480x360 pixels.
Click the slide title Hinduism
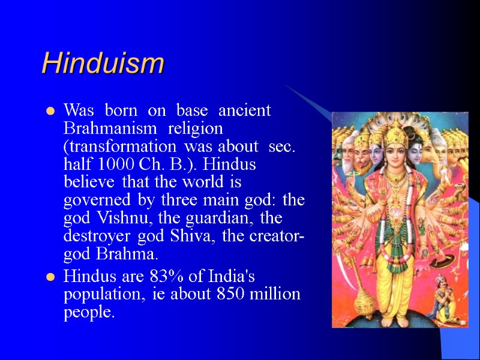[103, 63]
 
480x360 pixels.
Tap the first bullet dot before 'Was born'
[51, 111]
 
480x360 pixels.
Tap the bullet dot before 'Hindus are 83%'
[51, 277]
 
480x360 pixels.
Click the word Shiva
[196, 236]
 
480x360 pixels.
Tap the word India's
[230, 277]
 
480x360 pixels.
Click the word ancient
[244, 111]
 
